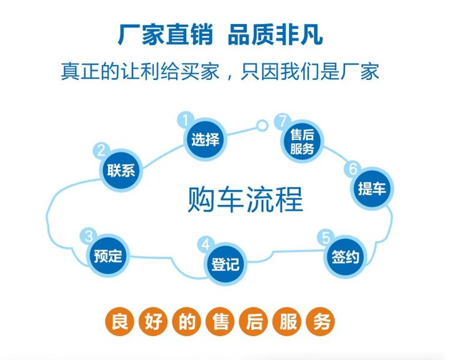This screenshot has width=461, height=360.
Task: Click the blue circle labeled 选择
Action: (x=205, y=139)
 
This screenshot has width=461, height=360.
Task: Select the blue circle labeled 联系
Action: (x=121, y=170)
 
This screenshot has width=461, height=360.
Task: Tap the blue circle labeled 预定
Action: (x=108, y=256)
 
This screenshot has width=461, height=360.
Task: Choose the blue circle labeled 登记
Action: (x=225, y=264)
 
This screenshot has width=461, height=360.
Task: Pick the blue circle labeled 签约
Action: (x=345, y=257)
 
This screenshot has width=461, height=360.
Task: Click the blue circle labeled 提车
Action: (x=372, y=189)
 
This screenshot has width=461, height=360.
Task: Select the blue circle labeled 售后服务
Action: (x=302, y=141)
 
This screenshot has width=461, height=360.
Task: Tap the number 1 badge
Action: (x=186, y=120)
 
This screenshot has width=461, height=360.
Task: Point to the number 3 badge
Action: (x=89, y=236)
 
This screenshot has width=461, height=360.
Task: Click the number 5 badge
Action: (x=326, y=238)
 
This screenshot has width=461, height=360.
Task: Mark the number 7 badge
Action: (x=283, y=122)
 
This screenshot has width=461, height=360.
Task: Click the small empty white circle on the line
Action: (x=262, y=126)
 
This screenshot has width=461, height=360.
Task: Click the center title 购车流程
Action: (x=245, y=199)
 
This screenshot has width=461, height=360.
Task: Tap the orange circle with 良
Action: (x=120, y=321)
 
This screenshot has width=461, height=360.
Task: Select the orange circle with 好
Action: (x=153, y=321)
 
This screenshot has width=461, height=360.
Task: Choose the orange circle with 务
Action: (x=321, y=321)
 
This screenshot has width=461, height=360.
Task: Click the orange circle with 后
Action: (x=254, y=321)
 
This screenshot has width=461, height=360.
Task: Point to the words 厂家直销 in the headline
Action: (x=165, y=34)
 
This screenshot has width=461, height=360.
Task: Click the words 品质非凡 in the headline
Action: (x=275, y=34)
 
